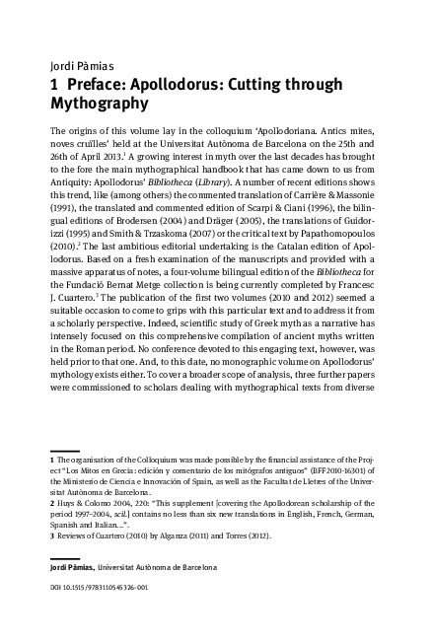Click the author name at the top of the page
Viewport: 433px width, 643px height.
pos(77,68)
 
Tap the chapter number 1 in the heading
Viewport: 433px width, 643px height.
pos(53,85)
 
